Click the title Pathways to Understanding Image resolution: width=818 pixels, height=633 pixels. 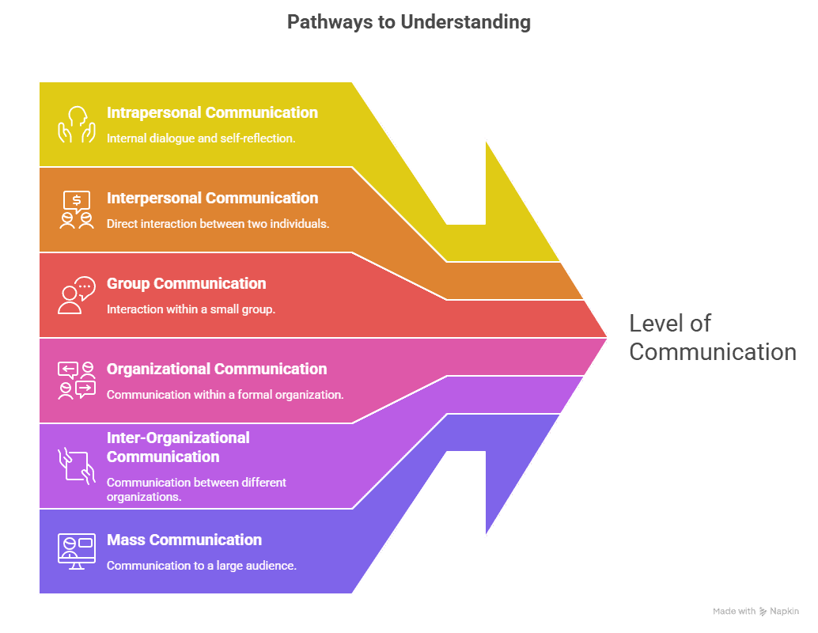pos(408,21)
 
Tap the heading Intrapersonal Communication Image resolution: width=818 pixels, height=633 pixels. pos(212,112)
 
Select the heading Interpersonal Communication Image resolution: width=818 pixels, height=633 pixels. pos(212,198)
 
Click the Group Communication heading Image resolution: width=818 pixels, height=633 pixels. pos(186,283)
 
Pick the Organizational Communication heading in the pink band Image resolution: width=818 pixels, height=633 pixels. pos(216,369)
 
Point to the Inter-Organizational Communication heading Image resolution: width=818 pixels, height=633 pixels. pos(178,447)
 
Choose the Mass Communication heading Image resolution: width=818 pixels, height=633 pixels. pos(184,540)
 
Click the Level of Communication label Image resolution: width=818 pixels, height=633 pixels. pos(712,337)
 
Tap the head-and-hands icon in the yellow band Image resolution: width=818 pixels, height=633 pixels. pos(76,125)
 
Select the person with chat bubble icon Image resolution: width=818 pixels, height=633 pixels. pos(76,295)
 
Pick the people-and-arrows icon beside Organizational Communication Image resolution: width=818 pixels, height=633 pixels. pos(76,381)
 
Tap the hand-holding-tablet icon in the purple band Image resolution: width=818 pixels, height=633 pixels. pos(76,465)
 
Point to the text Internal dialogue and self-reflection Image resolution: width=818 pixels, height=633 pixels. pos(201,138)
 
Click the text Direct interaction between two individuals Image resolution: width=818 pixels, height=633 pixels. pos(218,223)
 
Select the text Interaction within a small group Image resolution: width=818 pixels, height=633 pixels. pos(191,309)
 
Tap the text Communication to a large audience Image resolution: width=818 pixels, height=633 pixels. pos(201,565)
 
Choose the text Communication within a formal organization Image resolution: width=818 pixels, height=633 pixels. pos(225,394)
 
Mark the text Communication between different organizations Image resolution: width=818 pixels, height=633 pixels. pos(196,489)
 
